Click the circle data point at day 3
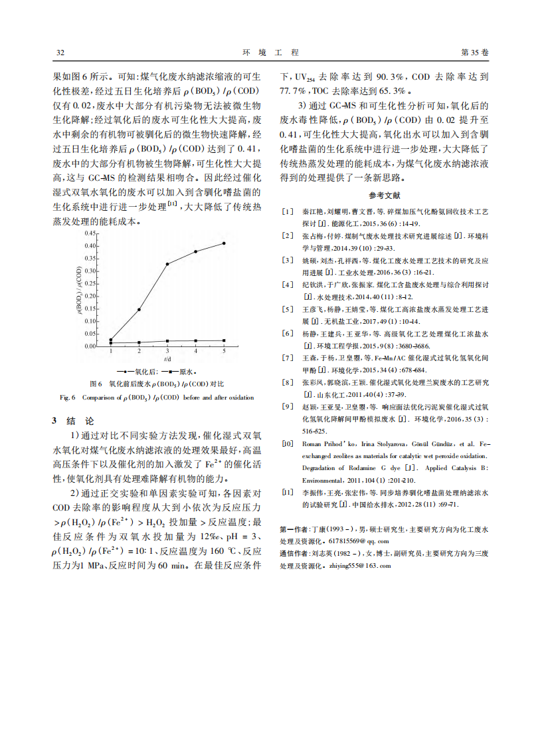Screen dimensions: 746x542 pyautogui.click(x=167, y=264)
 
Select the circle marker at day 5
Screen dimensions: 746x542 pyautogui.click(x=224, y=243)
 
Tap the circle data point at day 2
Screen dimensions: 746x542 pyautogui.click(x=139, y=309)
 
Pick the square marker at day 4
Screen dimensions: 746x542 pyautogui.click(x=195, y=340)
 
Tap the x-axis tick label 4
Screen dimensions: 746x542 pyautogui.click(x=195, y=350)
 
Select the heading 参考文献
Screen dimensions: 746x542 pyautogui.click(x=385, y=195)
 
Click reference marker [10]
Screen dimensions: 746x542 pyautogui.click(x=287, y=443)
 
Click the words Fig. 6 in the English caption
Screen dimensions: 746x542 pyautogui.click(x=68, y=398)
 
